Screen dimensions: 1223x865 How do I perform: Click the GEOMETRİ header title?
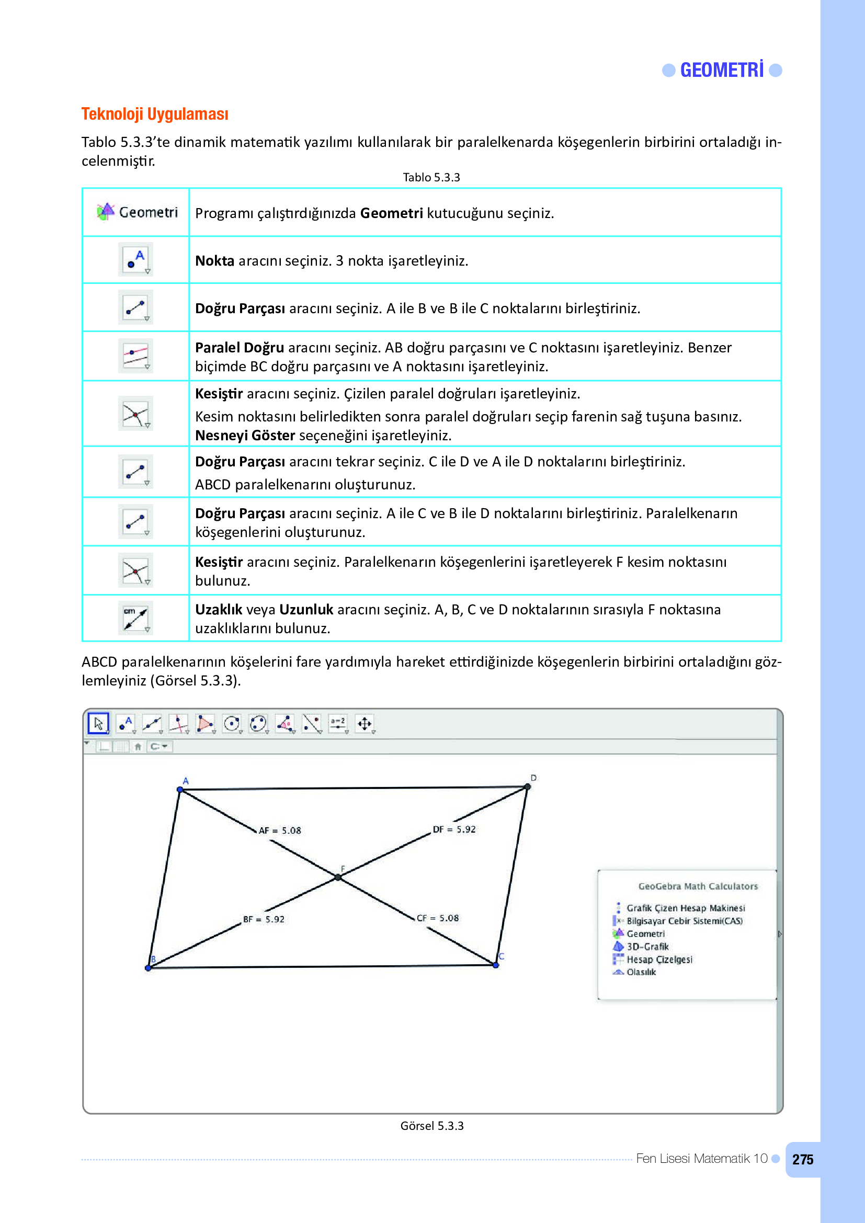[721, 70]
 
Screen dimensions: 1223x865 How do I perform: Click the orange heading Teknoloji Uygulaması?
[154, 114]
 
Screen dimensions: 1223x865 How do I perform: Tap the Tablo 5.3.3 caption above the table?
[431, 177]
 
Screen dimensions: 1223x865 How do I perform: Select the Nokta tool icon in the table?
[135, 259]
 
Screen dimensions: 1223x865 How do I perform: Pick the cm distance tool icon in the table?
[135, 618]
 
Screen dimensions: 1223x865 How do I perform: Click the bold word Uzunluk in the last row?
[306, 609]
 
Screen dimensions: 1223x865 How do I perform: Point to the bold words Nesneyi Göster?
[244, 435]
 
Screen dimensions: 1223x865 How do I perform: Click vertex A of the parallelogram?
[180, 790]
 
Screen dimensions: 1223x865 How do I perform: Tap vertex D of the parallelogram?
[527, 786]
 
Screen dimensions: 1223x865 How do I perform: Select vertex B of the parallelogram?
[149, 967]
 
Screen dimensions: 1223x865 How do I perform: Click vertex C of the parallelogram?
[496, 965]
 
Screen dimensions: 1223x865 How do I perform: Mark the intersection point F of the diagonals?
[338, 877]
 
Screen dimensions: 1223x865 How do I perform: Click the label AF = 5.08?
[280, 830]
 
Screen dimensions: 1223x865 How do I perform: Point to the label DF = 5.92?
[454, 829]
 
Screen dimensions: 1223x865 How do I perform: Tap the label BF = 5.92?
[264, 919]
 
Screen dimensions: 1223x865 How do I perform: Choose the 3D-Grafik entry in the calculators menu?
[646, 946]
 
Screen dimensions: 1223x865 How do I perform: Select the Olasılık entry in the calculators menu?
[640, 972]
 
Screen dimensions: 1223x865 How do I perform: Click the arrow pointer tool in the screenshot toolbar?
[98, 723]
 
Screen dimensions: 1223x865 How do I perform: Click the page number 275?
[802, 1160]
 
